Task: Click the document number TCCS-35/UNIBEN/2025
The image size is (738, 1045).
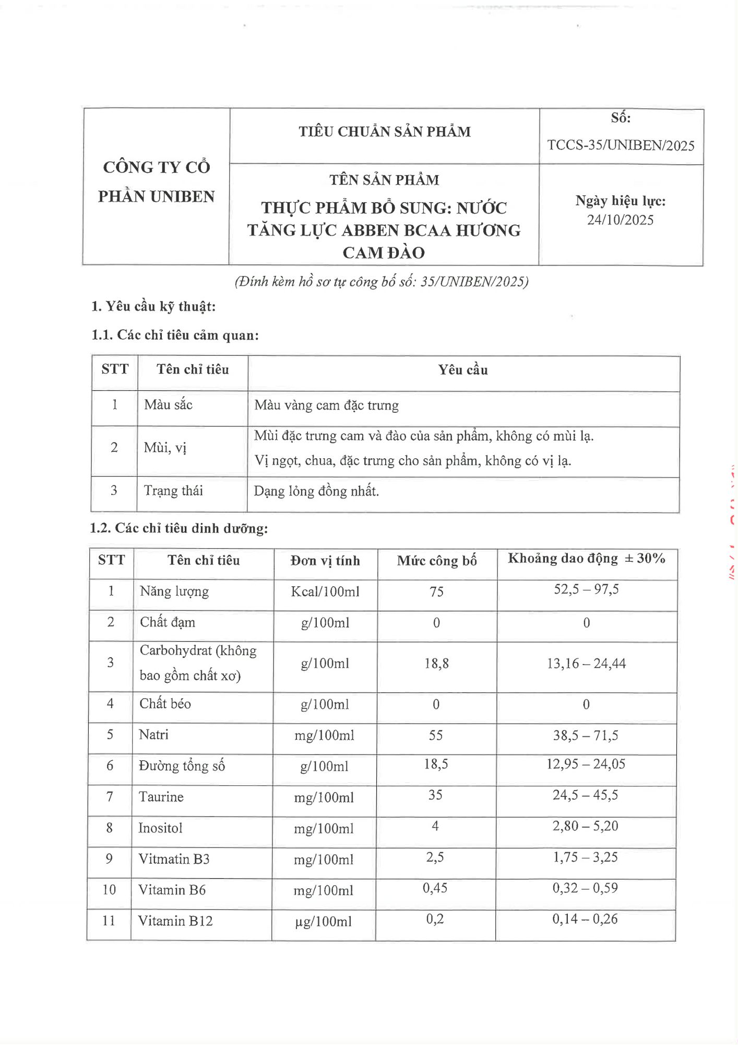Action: pyautogui.click(x=621, y=145)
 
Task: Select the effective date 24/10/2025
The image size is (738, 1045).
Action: pyautogui.click(x=620, y=220)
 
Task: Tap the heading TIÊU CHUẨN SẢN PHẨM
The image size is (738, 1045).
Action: pyautogui.click(x=385, y=132)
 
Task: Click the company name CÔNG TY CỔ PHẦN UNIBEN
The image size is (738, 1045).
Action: pyautogui.click(x=157, y=182)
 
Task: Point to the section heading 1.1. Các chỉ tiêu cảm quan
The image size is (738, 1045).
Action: pyautogui.click(x=175, y=335)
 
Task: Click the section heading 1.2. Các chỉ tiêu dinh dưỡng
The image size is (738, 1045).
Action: pyautogui.click(x=179, y=528)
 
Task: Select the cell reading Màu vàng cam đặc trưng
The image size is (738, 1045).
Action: pyautogui.click(x=327, y=405)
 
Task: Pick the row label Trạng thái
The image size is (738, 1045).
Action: pyautogui.click(x=173, y=491)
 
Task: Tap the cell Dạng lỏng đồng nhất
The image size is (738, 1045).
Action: pyautogui.click(x=316, y=491)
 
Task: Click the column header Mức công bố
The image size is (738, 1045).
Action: pyautogui.click(x=437, y=561)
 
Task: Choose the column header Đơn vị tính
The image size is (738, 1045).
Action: pyautogui.click(x=325, y=561)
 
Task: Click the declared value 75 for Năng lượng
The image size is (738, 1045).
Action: pyautogui.click(x=436, y=591)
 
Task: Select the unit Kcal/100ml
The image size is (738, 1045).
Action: pyautogui.click(x=325, y=591)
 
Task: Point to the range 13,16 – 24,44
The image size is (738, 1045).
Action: pyautogui.click(x=586, y=664)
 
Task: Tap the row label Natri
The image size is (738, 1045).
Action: pyautogui.click(x=153, y=735)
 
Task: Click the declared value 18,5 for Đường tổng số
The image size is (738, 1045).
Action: pyautogui.click(x=436, y=764)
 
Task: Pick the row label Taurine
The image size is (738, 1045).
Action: pyautogui.click(x=161, y=797)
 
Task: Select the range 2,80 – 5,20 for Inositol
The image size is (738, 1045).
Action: pyautogui.click(x=585, y=826)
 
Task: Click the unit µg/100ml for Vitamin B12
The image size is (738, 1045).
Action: pyautogui.click(x=323, y=922)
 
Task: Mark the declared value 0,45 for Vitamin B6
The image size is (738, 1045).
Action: pyautogui.click(x=435, y=888)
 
